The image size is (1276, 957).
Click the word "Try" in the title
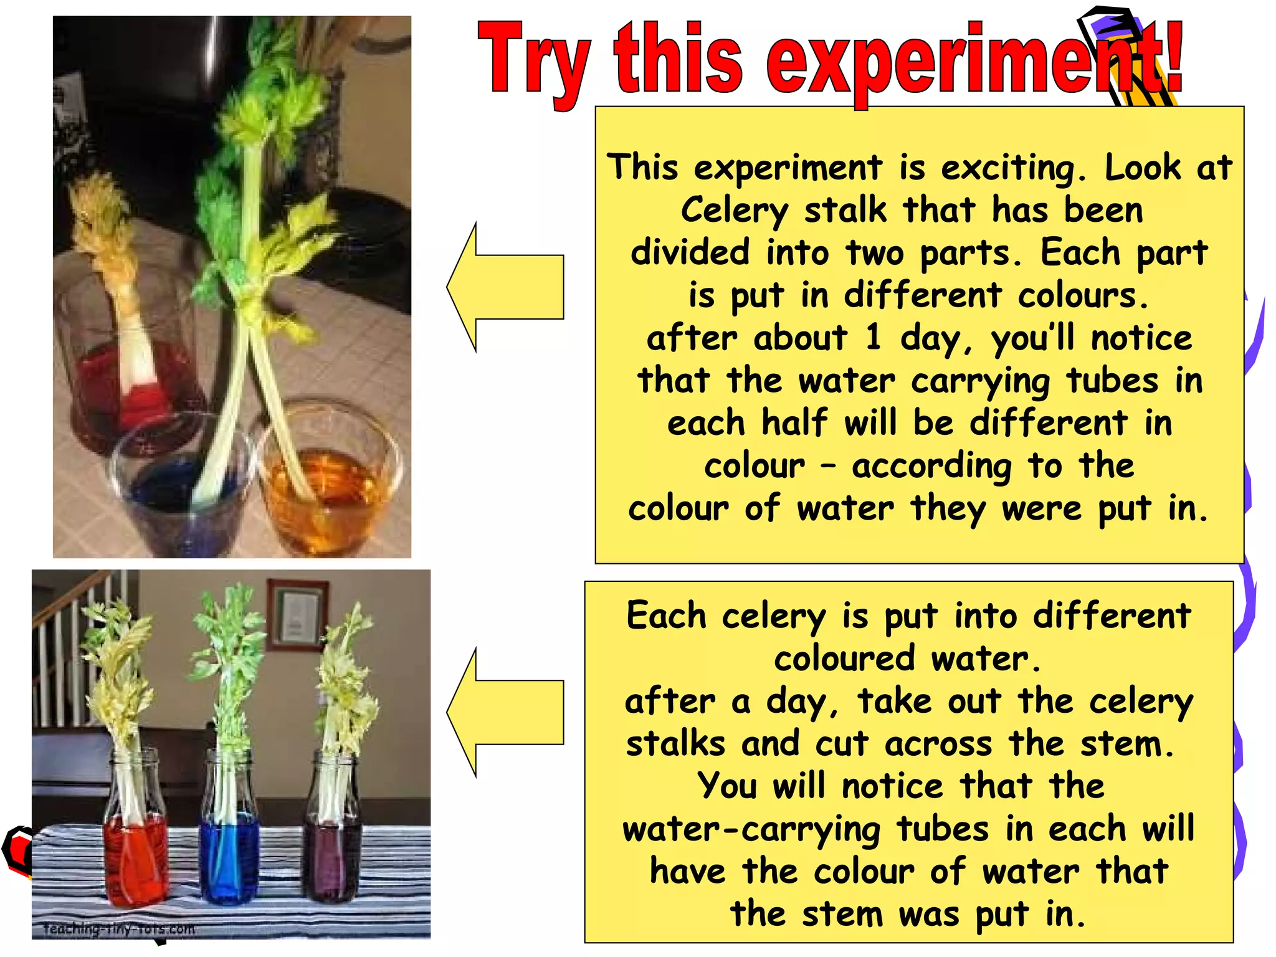pos(533,62)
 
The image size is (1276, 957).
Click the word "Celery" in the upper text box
pos(734,209)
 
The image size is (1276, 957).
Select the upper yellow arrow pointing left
pos(505,287)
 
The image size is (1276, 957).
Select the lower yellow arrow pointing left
pos(505,712)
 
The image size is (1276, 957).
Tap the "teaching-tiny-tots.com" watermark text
pos(119,929)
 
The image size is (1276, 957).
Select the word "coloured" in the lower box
pos(844,659)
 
